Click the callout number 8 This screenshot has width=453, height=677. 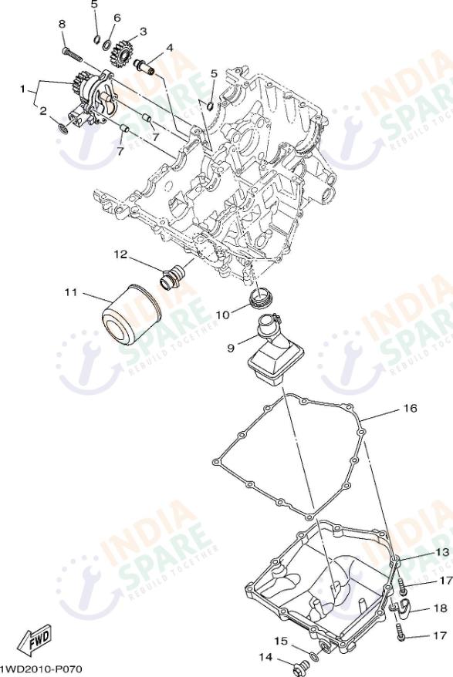click(62, 25)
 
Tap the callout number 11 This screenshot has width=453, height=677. click(71, 292)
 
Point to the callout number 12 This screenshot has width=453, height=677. click(121, 254)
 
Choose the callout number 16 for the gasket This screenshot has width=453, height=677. click(409, 408)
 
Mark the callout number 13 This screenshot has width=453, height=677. click(441, 552)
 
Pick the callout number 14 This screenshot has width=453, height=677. click(265, 657)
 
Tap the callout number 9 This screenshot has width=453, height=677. click(230, 349)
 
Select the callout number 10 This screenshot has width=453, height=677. click(221, 315)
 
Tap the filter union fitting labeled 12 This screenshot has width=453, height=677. click(174, 275)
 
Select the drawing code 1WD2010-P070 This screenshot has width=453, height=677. click(40, 669)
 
